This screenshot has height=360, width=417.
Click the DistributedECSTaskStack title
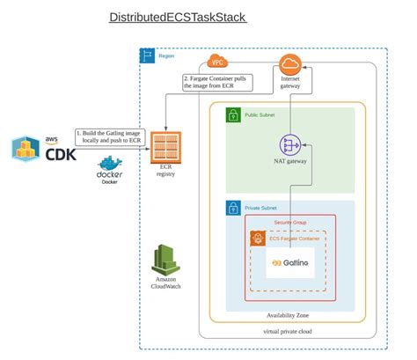(x=177, y=18)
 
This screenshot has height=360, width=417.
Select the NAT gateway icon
(x=290, y=144)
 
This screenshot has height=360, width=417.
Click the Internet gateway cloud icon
(x=290, y=64)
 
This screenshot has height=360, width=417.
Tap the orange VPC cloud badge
(x=216, y=62)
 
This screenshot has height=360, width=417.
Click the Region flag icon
(x=146, y=55)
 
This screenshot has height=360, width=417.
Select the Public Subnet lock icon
(x=232, y=114)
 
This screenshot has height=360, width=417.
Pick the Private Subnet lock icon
(x=232, y=208)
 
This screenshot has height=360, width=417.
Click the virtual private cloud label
(x=290, y=332)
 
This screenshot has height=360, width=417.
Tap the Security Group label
(x=290, y=222)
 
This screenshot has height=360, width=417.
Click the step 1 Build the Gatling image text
(x=107, y=136)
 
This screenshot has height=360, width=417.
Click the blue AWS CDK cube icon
(x=25, y=149)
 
